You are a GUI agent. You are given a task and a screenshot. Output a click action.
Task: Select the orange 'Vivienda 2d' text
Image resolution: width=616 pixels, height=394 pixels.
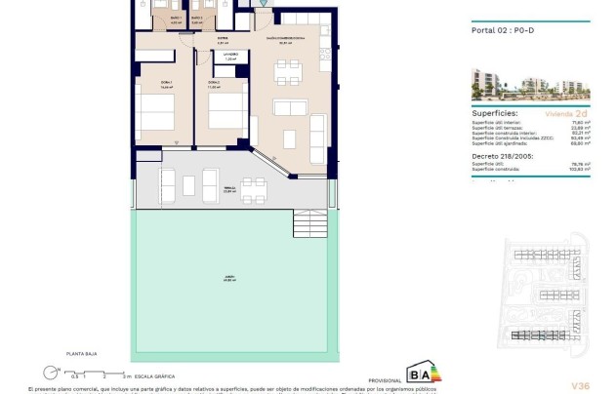tap(569, 113)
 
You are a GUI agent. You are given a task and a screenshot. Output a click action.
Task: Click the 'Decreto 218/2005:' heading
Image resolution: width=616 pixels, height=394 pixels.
tap(494, 154)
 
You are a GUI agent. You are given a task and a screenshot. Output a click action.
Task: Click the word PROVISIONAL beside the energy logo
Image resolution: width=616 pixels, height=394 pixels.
tap(385, 380)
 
